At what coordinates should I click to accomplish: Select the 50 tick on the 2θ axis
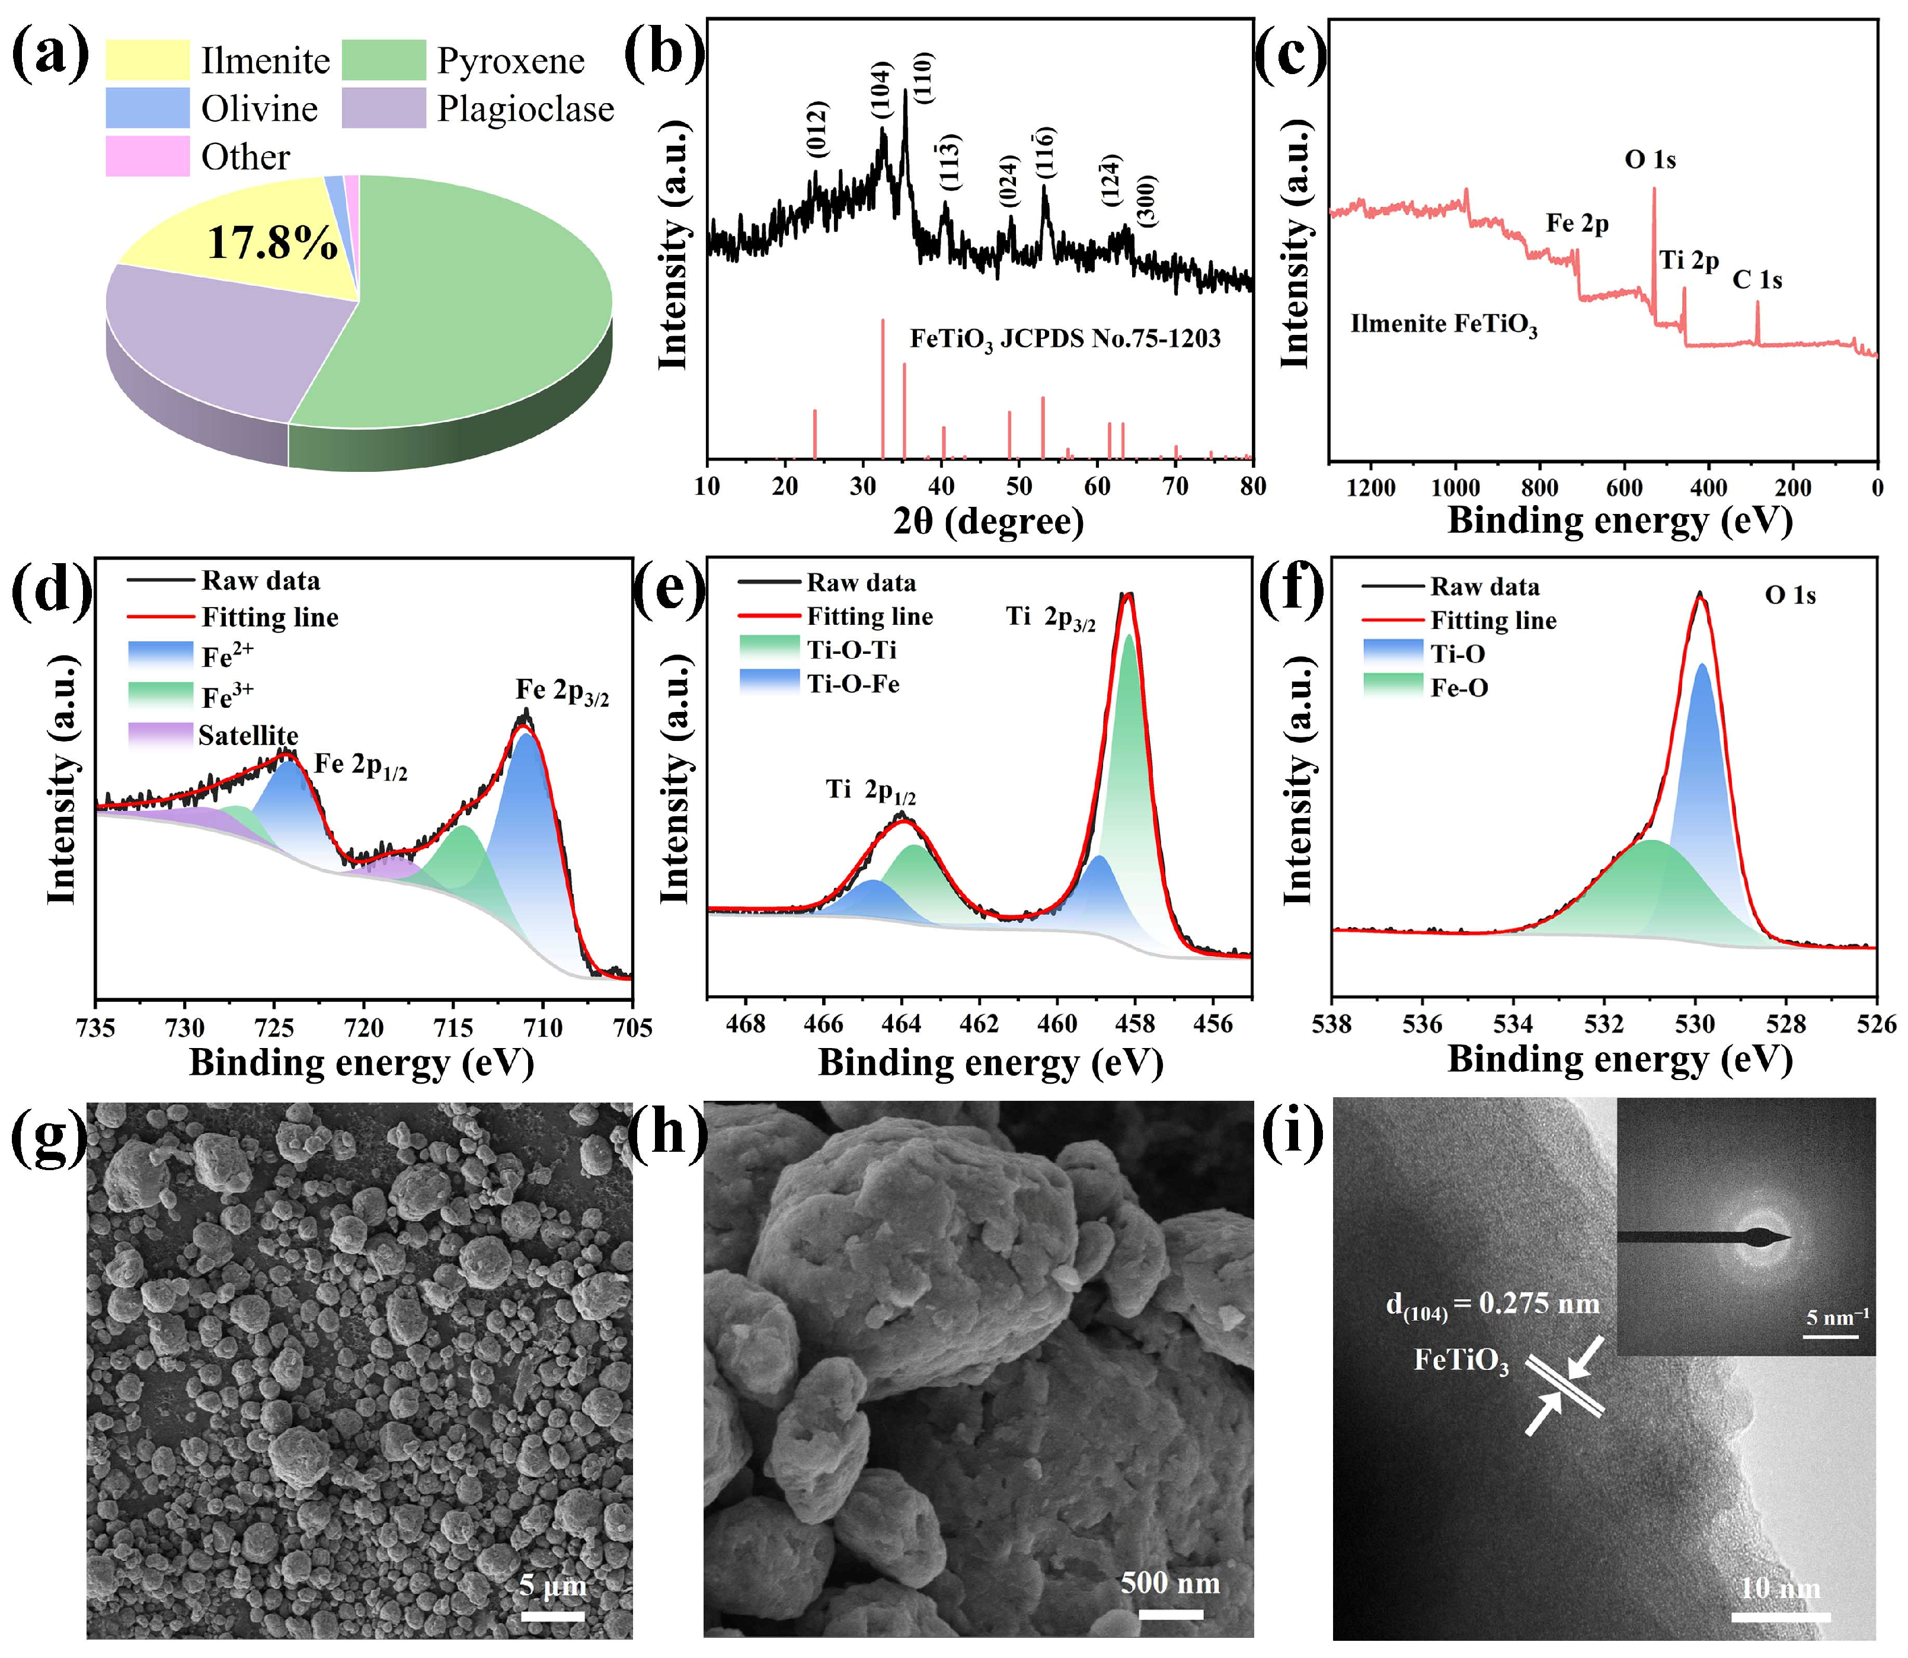pyautogui.click(x=1019, y=487)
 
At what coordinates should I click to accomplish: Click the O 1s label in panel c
pyautogui.click(x=1650, y=160)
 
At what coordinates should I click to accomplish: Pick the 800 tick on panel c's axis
pyautogui.click(x=1540, y=488)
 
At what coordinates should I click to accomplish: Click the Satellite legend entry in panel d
pyautogui.click(x=248, y=736)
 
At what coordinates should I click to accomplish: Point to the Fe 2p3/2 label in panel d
pyautogui.click(x=562, y=691)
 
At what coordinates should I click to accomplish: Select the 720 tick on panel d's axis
pyautogui.click(x=364, y=1027)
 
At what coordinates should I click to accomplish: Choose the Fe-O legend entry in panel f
pyautogui.click(x=1459, y=688)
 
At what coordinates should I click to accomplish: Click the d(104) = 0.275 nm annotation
pyautogui.click(x=1492, y=1305)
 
